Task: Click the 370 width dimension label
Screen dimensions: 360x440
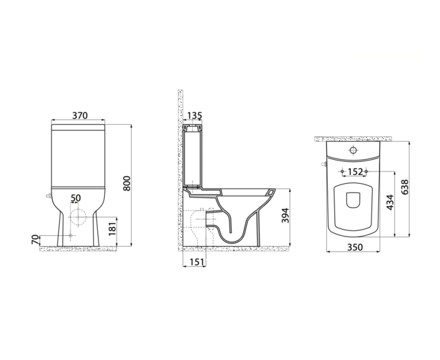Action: coord(80,117)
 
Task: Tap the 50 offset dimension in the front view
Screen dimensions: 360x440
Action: coord(76,198)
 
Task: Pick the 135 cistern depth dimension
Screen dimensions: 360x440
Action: coord(194,117)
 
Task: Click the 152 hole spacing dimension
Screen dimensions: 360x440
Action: coord(355,172)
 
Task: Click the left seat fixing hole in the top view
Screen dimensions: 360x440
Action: coord(341,171)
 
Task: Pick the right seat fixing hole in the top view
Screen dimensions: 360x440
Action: coord(367,171)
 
